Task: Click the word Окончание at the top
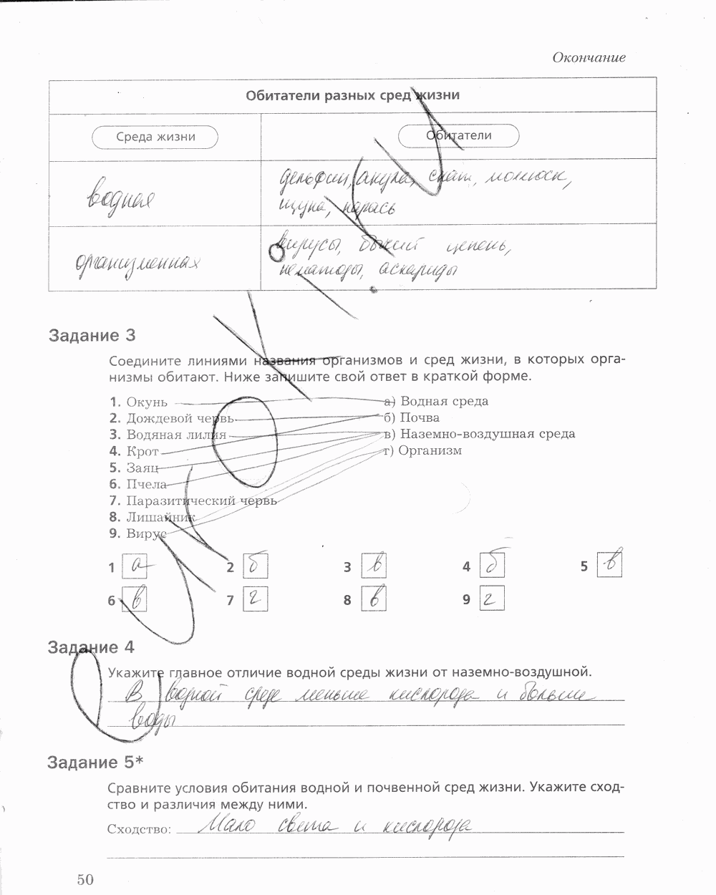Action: (x=589, y=58)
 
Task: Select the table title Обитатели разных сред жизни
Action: (x=352, y=95)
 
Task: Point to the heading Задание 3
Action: (x=92, y=335)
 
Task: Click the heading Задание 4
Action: (x=92, y=648)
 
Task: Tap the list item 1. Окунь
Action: (x=139, y=402)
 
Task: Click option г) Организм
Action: (x=423, y=450)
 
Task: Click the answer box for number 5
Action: (x=610, y=564)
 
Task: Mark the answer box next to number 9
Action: (x=492, y=599)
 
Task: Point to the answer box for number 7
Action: (x=255, y=599)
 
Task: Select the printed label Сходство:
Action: (x=139, y=829)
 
